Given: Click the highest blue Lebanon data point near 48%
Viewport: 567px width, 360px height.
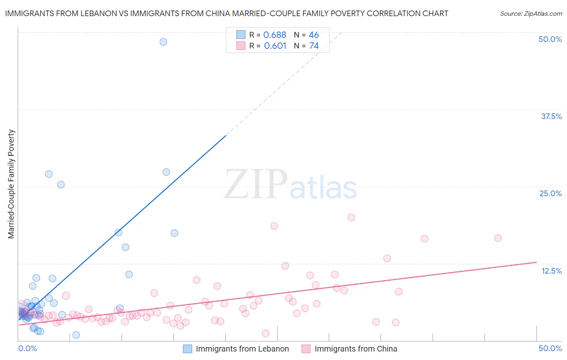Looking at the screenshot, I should pos(163,42).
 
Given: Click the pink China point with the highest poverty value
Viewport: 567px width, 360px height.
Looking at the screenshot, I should pos(351,217).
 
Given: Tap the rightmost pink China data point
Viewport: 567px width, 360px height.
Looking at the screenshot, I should pos(498,238).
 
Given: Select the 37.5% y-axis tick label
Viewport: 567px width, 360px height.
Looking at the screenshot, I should pos(551,116).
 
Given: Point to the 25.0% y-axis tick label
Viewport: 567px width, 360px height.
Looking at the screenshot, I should pos(550,193).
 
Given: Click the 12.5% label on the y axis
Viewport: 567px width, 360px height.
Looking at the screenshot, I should pos(551,271).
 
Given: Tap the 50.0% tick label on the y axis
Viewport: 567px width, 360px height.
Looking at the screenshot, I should pos(550,39).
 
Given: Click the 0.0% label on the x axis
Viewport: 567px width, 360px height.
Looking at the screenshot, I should pos(27,348).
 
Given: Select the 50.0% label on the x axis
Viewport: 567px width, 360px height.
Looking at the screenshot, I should pos(550,348).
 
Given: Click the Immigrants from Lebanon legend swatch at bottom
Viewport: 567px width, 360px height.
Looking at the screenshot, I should pos(188,349).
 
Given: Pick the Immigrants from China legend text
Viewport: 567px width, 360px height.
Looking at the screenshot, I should pos(356,349).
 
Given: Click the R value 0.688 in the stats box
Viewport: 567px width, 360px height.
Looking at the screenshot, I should pos(275,35).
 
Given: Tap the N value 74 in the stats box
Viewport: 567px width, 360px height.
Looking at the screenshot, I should pos(314,46).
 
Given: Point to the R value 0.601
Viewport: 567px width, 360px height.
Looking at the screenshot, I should pos(275,46).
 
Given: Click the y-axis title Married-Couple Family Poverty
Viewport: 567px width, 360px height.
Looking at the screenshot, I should pos(11,184).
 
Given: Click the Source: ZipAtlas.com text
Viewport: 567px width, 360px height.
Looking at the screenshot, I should pos(531,14).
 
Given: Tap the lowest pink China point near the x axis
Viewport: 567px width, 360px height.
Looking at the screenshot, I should pos(265,333).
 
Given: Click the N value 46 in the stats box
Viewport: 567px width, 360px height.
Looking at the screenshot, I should pos(314,35).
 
